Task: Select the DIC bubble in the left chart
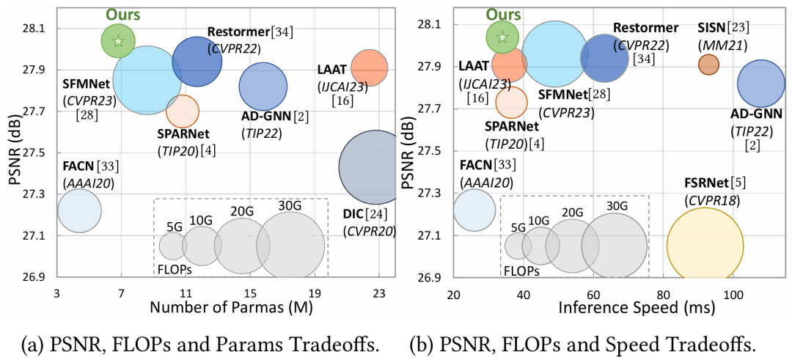(375, 167)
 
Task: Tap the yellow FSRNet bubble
(704, 246)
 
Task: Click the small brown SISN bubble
(708, 65)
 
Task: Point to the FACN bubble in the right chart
(474, 208)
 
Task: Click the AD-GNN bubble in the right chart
(761, 84)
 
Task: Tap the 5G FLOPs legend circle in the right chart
(518, 246)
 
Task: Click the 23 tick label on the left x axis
(379, 293)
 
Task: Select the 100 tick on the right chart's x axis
(733, 293)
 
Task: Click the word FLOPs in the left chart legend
(175, 268)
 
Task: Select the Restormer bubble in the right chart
(604, 59)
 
